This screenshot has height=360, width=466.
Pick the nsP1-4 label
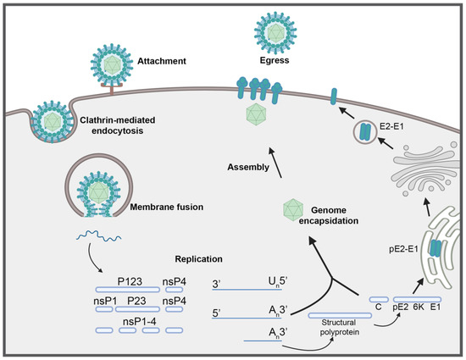[x=132, y=322]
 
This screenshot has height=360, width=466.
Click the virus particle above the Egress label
[x=278, y=29]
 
